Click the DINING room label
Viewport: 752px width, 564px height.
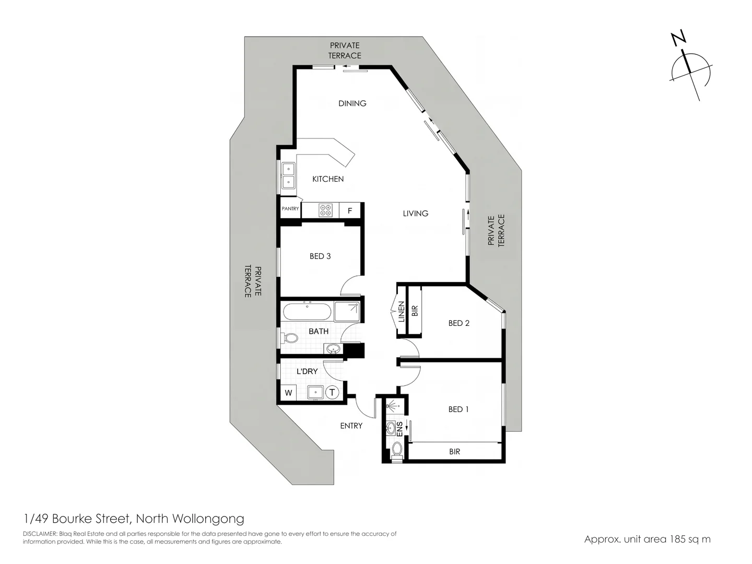pyautogui.click(x=352, y=103)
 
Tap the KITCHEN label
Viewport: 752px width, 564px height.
pyautogui.click(x=328, y=179)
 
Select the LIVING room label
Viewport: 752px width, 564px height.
pyautogui.click(x=415, y=213)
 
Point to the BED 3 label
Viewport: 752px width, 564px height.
pyautogui.click(x=320, y=256)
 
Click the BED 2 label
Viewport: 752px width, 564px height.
pyautogui.click(x=459, y=323)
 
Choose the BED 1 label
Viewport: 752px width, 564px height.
pyautogui.click(x=459, y=409)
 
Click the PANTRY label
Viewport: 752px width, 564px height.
pyautogui.click(x=290, y=209)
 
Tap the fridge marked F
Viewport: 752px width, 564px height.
pyautogui.click(x=350, y=211)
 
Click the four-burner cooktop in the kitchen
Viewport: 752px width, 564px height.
pyautogui.click(x=326, y=210)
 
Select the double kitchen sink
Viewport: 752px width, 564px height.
pyautogui.click(x=288, y=175)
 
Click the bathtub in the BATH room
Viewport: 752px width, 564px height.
pyautogui.click(x=307, y=312)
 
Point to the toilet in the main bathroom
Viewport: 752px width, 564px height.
pyautogui.click(x=289, y=338)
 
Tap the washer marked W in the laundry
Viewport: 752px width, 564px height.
pyautogui.click(x=288, y=393)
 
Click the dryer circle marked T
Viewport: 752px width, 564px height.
pyautogui.click(x=333, y=392)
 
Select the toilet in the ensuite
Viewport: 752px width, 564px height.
pyautogui.click(x=397, y=450)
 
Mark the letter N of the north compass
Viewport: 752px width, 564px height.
pyautogui.click(x=679, y=39)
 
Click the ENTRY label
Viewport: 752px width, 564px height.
pyautogui.click(x=351, y=426)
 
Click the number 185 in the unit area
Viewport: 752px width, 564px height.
pyautogui.click(x=679, y=539)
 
